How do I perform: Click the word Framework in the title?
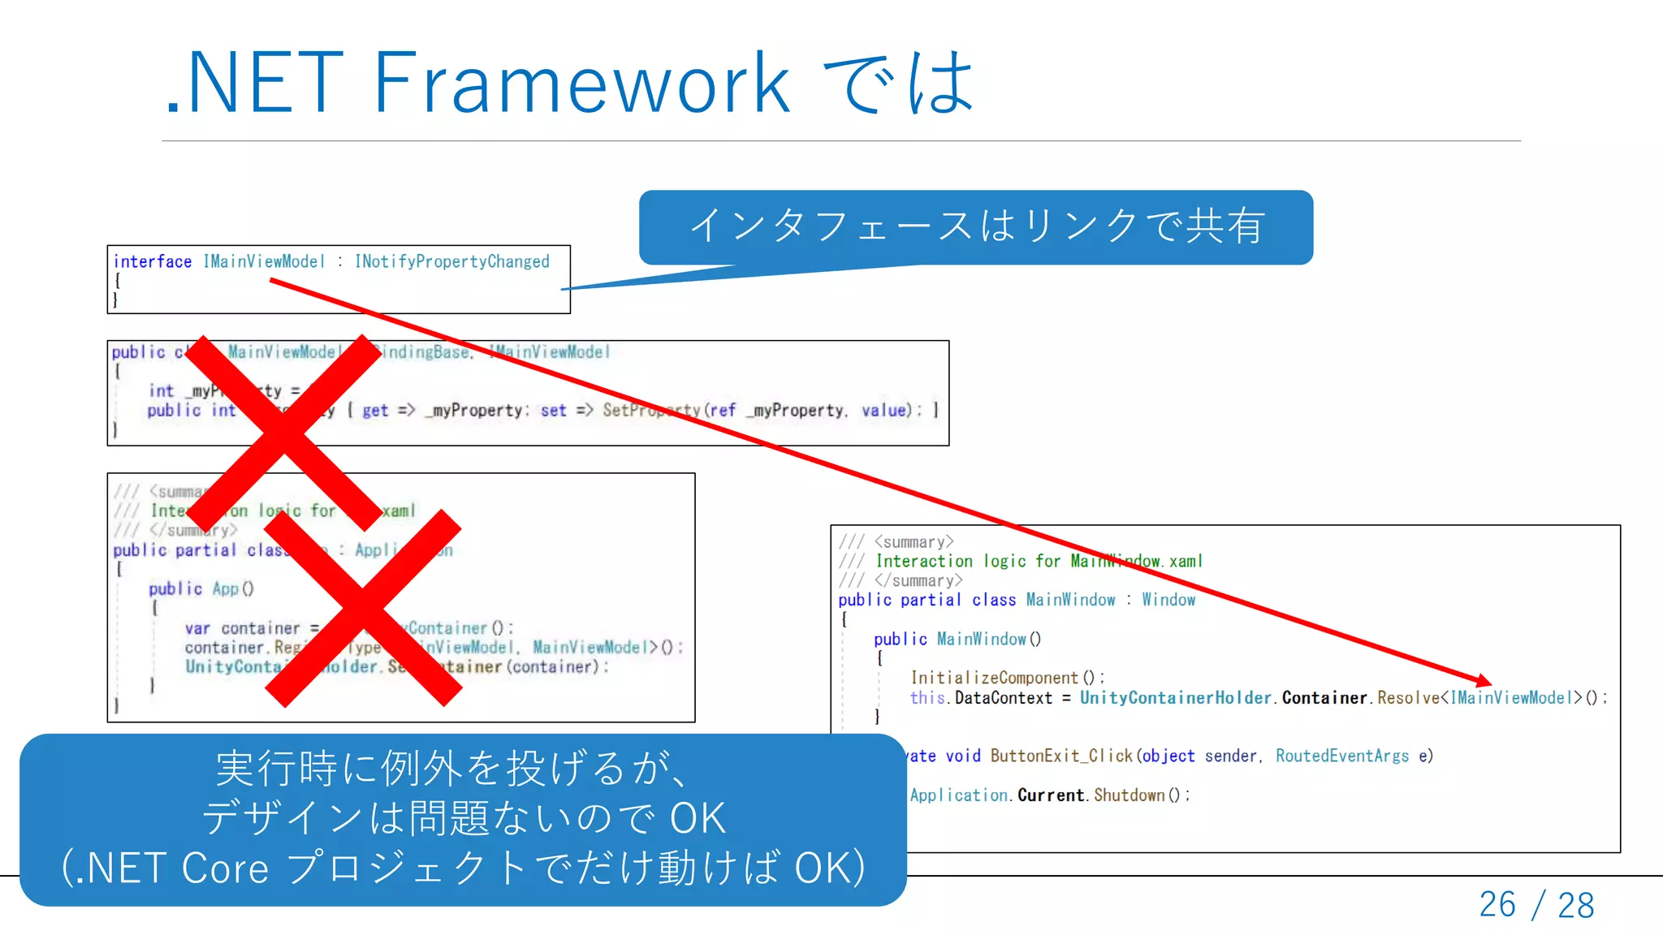point(581,83)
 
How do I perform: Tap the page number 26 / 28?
point(1536,904)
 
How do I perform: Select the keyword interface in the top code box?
point(153,261)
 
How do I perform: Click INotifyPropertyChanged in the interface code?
point(452,261)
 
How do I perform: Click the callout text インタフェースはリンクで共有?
point(976,226)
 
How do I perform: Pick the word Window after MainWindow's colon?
point(1168,600)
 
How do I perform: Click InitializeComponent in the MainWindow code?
point(994,678)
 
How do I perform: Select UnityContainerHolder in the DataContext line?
point(1175,698)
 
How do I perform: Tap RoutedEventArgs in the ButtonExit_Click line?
point(1342,756)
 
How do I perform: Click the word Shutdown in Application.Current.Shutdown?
point(1129,795)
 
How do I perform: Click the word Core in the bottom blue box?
point(225,868)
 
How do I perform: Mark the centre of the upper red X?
point(284,433)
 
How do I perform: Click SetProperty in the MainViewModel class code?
point(651,411)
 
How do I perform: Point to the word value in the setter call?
point(883,411)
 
